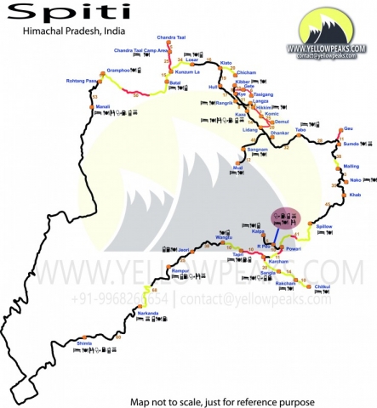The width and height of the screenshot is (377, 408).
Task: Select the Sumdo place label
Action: click(351, 144)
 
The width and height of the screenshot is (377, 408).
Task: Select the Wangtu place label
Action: click(224, 237)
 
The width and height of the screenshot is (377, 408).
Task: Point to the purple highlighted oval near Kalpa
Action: click(285, 219)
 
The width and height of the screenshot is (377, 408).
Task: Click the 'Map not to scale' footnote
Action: click(222, 400)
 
